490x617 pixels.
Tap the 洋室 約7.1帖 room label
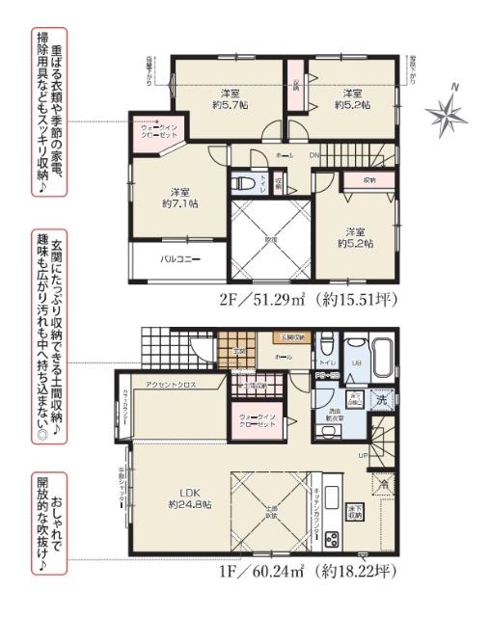[x=179, y=197]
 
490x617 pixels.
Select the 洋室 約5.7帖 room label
[x=229, y=100]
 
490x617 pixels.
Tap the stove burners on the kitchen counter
[x=333, y=538]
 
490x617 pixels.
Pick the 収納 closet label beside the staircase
[x=369, y=180]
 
